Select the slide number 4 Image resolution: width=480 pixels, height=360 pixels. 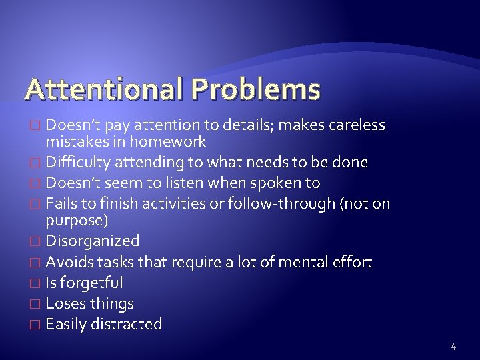(453, 346)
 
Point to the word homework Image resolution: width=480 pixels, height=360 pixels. (169, 141)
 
